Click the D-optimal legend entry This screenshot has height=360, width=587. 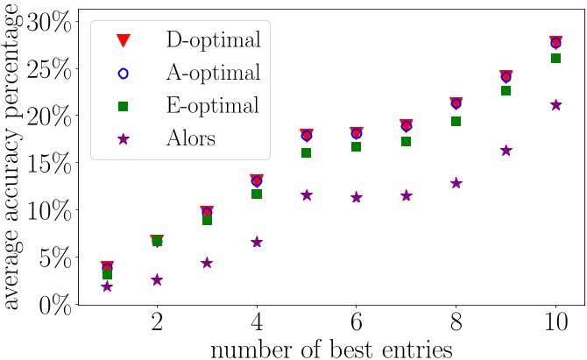[x=219, y=39]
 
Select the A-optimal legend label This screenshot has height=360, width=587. [x=219, y=73]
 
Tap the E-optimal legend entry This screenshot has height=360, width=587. [x=219, y=106]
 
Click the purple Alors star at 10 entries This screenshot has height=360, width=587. [x=555, y=105]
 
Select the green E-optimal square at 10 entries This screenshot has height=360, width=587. [x=555, y=58]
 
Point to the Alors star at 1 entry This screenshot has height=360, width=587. [x=107, y=286]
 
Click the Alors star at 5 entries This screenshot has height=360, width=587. [x=307, y=195]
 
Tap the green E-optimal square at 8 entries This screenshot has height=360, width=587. [x=456, y=121]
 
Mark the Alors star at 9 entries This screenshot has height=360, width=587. [x=506, y=151]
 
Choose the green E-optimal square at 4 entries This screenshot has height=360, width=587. [x=257, y=194]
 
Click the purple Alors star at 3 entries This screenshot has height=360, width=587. [x=207, y=263]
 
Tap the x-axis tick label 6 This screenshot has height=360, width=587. [x=357, y=321]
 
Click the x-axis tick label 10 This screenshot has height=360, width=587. [x=555, y=321]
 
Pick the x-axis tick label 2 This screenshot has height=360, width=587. [x=157, y=321]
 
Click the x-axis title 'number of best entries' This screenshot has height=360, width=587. [x=330, y=348]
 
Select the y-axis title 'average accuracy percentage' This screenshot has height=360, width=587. [x=12, y=162]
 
